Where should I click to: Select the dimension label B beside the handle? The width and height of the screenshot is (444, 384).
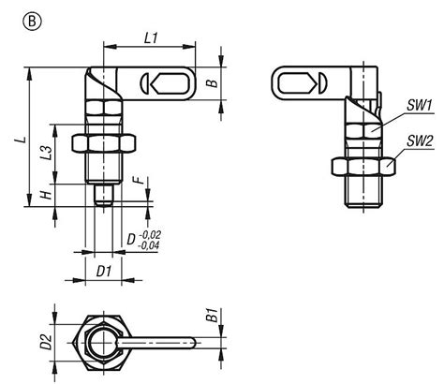[212, 83]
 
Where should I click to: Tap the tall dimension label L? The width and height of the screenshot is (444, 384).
[18, 139]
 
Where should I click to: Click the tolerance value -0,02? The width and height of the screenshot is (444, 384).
[149, 235]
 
